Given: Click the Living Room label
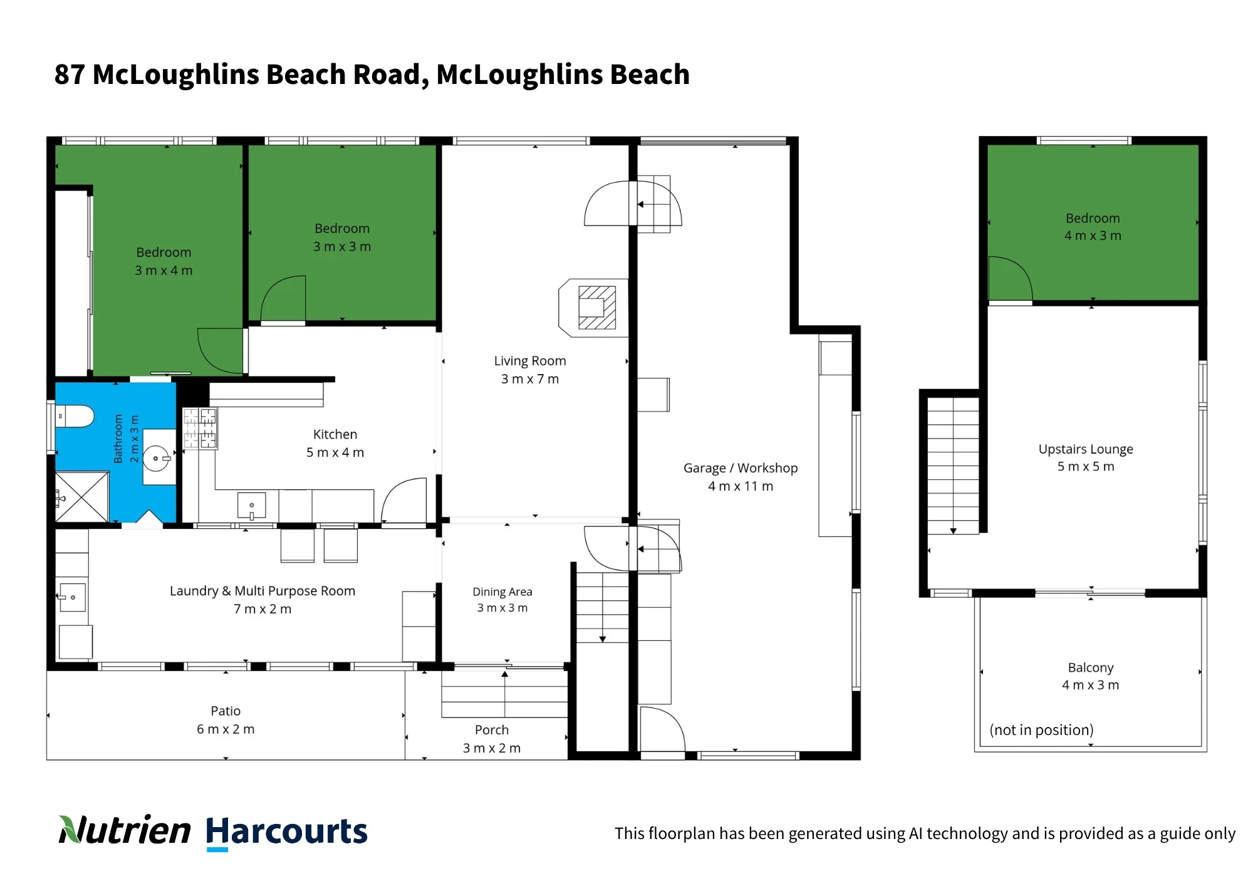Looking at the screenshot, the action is click(x=530, y=370).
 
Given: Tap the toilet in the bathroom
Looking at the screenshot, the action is click(x=75, y=416).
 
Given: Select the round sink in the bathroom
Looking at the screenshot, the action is click(x=156, y=458).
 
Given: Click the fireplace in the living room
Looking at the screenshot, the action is click(x=593, y=308).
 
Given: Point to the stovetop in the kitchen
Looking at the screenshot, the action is click(x=200, y=428).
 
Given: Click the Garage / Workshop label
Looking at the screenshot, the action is click(x=741, y=477).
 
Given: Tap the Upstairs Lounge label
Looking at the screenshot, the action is click(x=1086, y=457).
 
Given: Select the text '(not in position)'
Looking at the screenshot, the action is click(x=1041, y=730).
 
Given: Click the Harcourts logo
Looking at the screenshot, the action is click(x=286, y=832).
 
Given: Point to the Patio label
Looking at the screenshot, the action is click(x=226, y=720).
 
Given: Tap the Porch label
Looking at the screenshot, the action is click(x=492, y=739).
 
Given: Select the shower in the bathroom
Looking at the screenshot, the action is click(x=82, y=497).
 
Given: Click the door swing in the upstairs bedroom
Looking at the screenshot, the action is click(x=1010, y=278).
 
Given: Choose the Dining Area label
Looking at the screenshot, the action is click(x=502, y=600).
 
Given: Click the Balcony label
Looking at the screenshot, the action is click(x=1091, y=676).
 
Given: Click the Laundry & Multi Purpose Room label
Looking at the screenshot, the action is click(x=263, y=600).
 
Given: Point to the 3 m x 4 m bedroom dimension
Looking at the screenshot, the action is click(x=164, y=270).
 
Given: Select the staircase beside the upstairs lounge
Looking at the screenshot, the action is click(x=953, y=466).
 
